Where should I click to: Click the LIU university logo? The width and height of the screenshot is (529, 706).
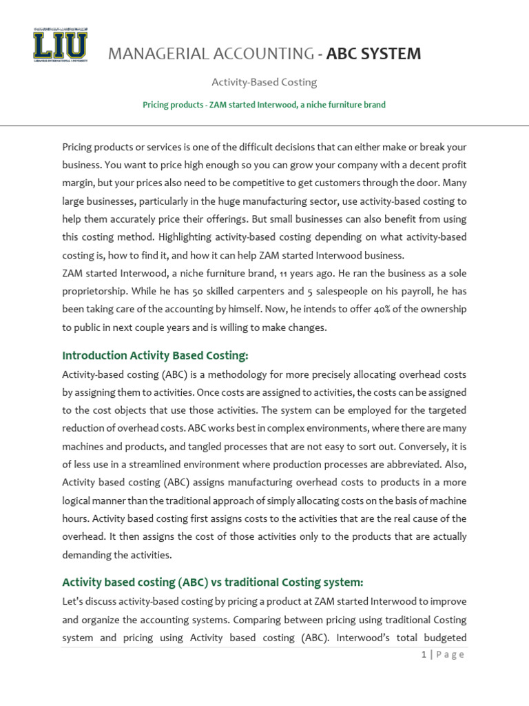point(60,45)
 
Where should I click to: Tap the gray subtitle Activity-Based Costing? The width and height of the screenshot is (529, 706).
point(264,82)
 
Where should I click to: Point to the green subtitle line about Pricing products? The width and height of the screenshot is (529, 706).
point(264,105)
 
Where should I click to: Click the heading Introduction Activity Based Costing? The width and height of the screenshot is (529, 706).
point(154,356)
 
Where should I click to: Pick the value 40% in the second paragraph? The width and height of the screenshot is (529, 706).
point(382,309)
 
